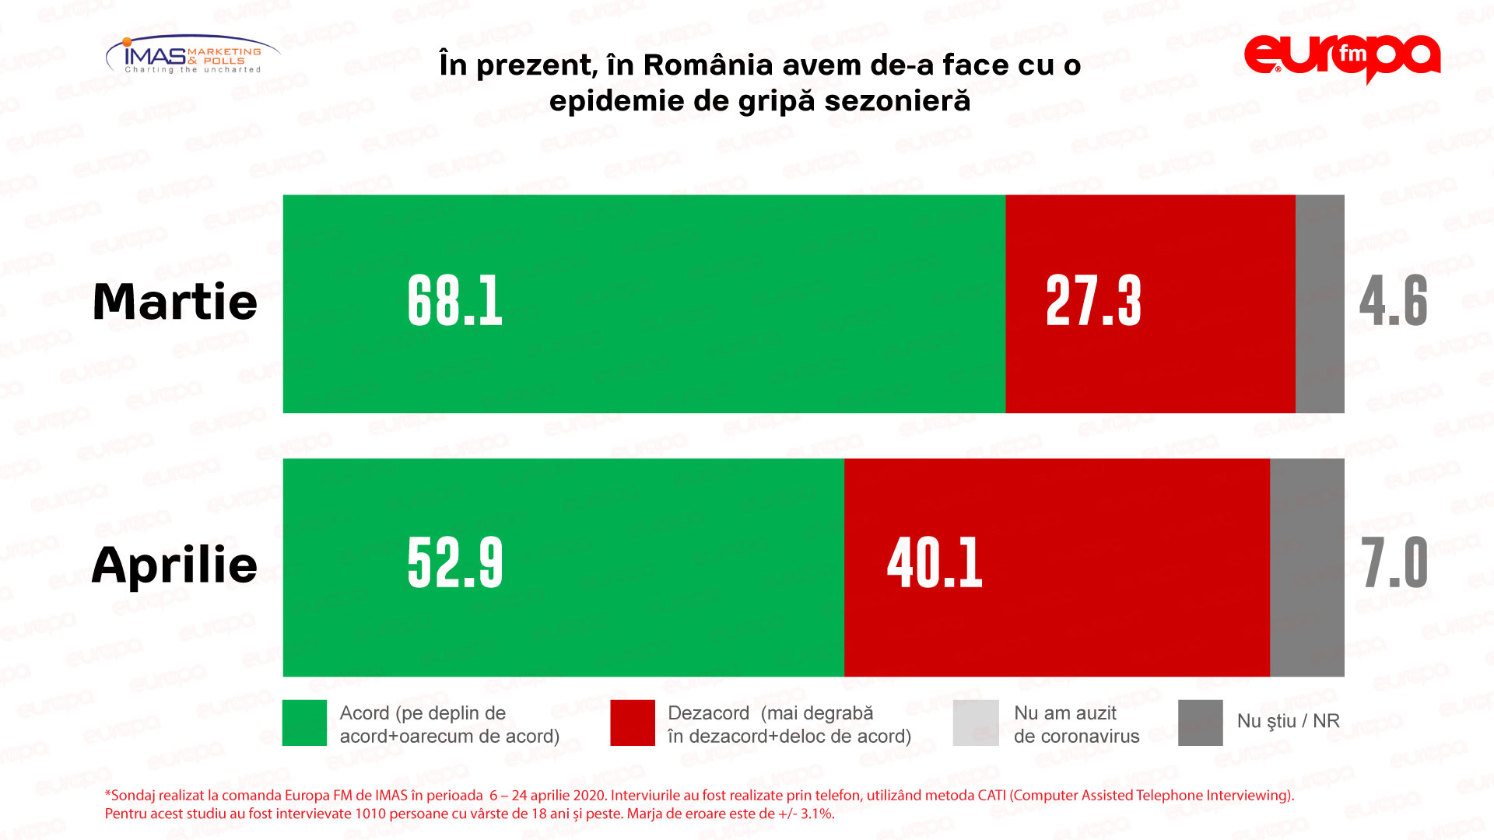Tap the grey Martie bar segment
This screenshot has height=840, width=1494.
click(x=1320, y=303)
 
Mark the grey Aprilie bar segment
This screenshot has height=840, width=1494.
click(x=1307, y=568)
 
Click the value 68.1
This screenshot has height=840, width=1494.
click(x=455, y=302)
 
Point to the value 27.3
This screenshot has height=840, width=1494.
click(x=1093, y=302)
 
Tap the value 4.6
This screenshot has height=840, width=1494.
click(x=1394, y=302)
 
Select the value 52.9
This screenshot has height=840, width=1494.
click(x=455, y=564)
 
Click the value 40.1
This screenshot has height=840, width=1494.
click(x=935, y=564)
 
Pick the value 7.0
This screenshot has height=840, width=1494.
click(x=1395, y=564)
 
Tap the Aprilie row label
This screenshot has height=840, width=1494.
click(x=175, y=565)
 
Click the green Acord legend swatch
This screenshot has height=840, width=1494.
click(x=304, y=723)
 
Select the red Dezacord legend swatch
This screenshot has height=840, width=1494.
click(x=633, y=723)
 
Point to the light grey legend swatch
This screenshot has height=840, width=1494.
click(x=976, y=723)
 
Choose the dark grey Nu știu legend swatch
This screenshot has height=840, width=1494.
click(x=1200, y=723)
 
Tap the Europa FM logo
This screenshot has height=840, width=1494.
click(x=1342, y=58)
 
